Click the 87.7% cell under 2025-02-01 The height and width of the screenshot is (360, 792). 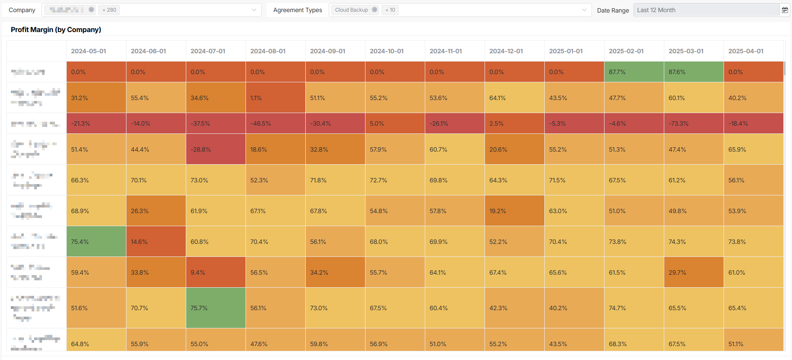point(634,72)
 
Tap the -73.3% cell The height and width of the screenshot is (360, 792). point(693,123)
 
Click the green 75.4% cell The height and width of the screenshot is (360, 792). point(96,242)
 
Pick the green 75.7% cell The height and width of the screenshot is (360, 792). point(216,308)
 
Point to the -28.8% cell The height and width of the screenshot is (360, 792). point(216,149)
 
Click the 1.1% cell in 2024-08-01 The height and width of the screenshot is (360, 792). point(275,98)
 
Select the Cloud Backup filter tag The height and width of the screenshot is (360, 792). point(351,10)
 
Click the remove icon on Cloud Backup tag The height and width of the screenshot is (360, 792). point(375,10)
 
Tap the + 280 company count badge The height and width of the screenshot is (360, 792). point(109,10)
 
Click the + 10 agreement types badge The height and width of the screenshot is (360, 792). point(390,10)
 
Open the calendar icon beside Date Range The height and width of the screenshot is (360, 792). point(785,10)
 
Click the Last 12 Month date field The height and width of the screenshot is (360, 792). point(706,10)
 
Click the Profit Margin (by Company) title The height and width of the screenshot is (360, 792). point(56,29)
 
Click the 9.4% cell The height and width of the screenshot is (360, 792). point(216,272)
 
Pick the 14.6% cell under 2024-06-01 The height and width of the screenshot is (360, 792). point(156,242)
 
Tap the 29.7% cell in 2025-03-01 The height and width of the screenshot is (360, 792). point(693,272)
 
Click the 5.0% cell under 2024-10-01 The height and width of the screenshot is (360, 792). point(394,123)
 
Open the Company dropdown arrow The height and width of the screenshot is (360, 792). point(254,10)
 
